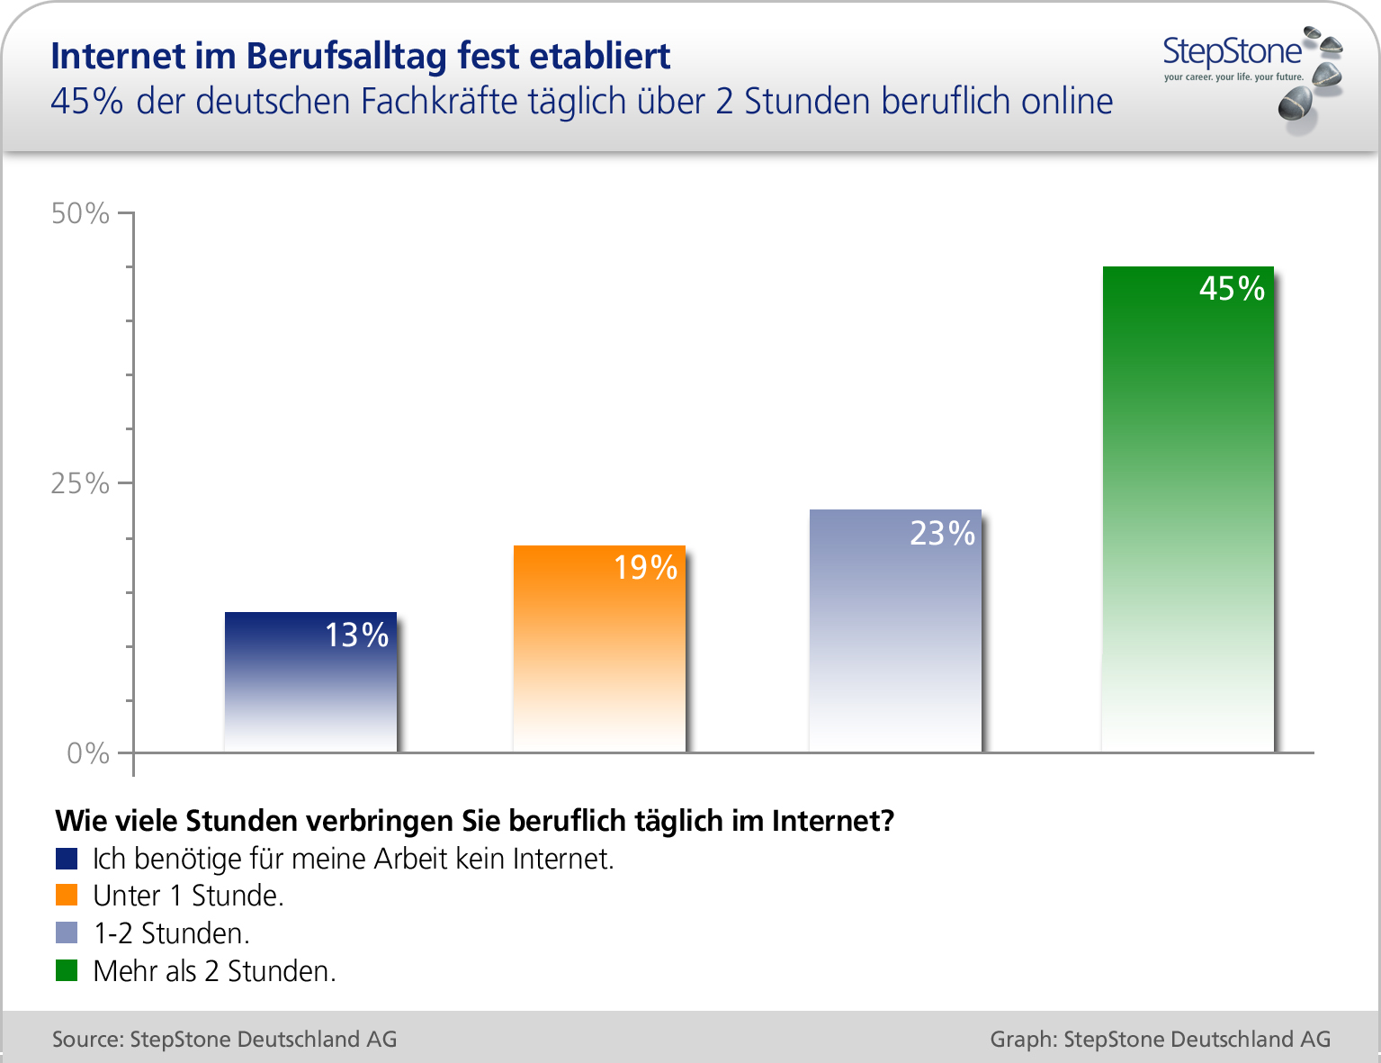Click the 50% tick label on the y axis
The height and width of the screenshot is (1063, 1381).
(x=80, y=213)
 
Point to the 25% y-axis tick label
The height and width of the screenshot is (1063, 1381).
(x=80, y=483)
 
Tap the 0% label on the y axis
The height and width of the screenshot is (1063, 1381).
(x=88, y=753)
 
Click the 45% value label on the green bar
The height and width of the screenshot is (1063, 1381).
(x=1232, y=288)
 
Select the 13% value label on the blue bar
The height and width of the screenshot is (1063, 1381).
(x=356, y=635)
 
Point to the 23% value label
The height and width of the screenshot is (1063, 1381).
(x=942, y=534)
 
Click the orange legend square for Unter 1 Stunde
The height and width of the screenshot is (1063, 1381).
(x=67, y=896)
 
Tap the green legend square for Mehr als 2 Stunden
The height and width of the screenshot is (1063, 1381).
(x=67, y=970)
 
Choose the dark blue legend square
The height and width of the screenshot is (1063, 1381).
(x=67, y=859)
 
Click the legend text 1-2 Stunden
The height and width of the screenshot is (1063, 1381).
(x=171, y=933)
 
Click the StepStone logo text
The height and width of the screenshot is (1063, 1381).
(x=1232, y=51)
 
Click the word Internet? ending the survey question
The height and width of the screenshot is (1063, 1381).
(x=833, y=820)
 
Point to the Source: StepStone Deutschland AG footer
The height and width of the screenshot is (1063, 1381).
(x=224, y=1039)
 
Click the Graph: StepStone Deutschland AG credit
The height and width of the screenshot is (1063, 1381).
(x=1160, y=1039)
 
